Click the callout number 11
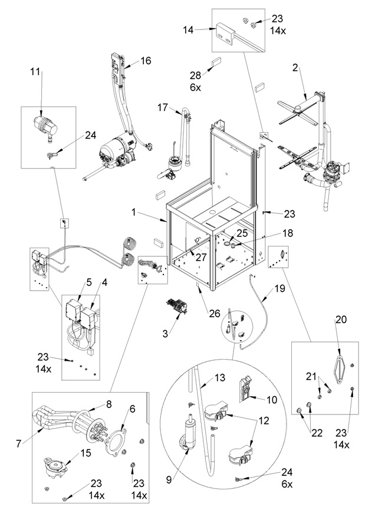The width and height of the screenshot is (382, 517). pos(35,71)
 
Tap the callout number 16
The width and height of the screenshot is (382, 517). pos(146,61)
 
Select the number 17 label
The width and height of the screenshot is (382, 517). pos(163,107)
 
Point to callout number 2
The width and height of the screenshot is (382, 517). pos(295,68)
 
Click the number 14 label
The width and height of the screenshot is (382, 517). pos(188,30)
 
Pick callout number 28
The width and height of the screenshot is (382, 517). pos(196,75)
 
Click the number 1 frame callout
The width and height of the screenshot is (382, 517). pos(133,212)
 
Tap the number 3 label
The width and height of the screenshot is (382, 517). pos(165,333)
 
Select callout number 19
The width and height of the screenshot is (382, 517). pos(280,288)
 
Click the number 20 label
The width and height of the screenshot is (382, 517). pos(341,319)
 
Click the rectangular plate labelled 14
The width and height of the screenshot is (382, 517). pos(225,33)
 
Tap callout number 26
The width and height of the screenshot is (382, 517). pos(215,313)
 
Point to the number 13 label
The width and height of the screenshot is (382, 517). pos(220,377)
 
